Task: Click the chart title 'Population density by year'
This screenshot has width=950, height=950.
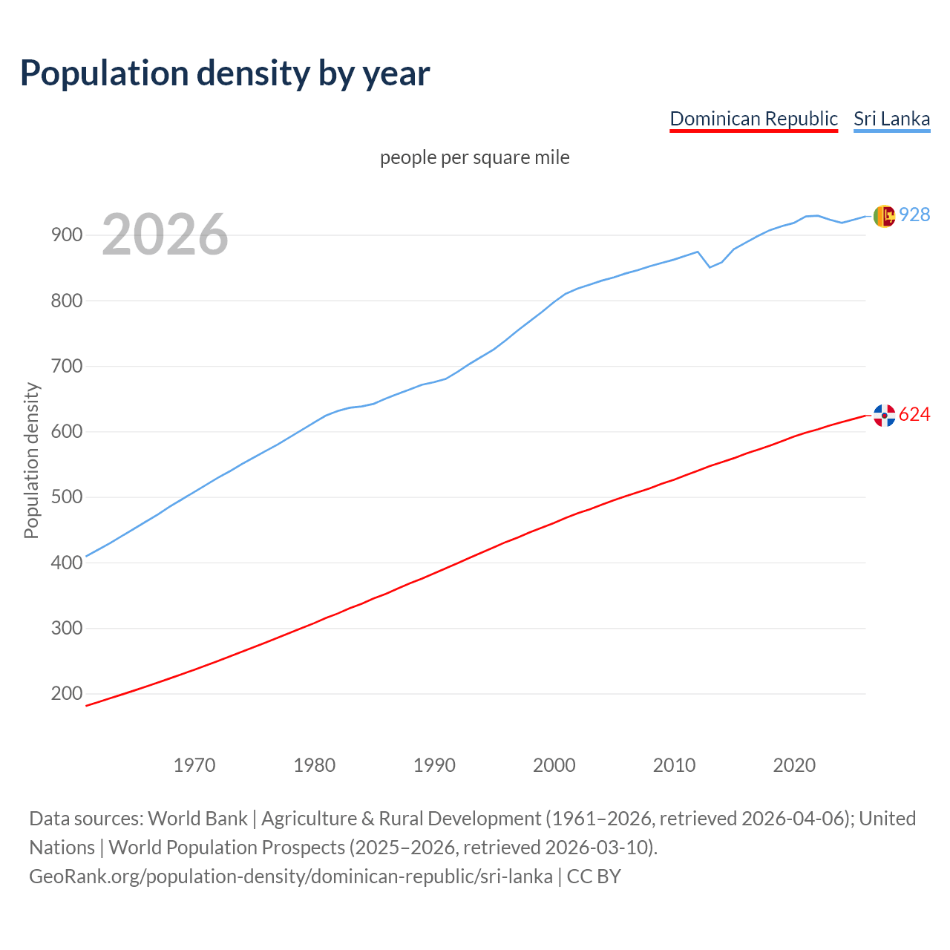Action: click(225, 73)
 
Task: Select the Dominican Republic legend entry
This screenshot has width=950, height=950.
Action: click(753, 119)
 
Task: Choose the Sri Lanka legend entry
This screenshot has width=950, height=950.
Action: click(891, 119)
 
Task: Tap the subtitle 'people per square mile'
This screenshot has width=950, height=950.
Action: click(475, 157)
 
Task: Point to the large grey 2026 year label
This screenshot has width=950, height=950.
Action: click(165, 235)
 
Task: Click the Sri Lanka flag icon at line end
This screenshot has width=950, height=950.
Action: click(884, 216)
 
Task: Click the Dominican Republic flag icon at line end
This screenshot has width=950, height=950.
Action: click(884, 416)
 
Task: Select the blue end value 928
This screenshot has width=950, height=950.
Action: click(914, 214)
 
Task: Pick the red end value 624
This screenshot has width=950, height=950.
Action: click(914, 414)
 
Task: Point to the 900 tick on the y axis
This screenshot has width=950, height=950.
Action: click(67, 235)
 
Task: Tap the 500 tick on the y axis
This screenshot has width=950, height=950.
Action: click(67, 497)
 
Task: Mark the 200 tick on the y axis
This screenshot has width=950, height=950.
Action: click(67, 694)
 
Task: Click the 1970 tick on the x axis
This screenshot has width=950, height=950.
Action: click(194, 764)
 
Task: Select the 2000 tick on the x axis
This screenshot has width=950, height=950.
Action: click(554, 764)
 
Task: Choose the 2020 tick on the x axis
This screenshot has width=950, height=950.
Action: click(794, 764)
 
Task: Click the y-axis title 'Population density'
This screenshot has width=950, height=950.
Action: click(31, 460)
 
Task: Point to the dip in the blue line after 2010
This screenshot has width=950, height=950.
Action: click(710, 266)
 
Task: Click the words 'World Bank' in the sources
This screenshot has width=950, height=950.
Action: click(197, 819)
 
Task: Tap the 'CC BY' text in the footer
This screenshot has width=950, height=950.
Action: click(594, 877)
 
